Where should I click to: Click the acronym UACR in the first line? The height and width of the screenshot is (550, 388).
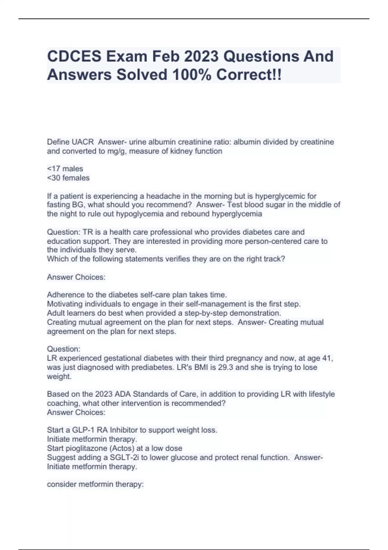[x=83, y=142]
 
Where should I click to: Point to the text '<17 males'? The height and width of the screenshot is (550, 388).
[x=65, y=169]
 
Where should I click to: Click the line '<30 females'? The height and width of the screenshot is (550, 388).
[x=68, y=178]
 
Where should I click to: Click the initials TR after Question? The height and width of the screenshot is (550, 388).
[x=88, y=232]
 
